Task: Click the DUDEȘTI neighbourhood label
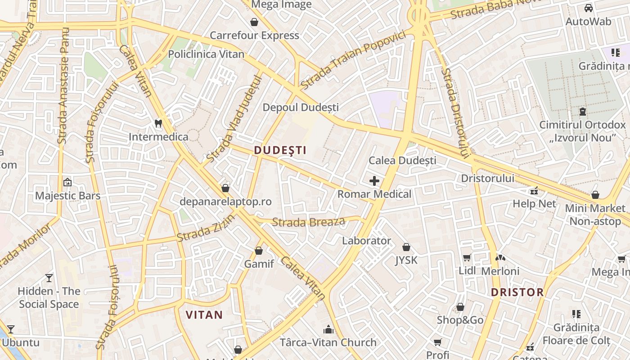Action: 280,150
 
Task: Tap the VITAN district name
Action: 204,315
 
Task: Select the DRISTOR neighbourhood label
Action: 517,292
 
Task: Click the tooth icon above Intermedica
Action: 158,123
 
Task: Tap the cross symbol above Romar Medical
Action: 374,181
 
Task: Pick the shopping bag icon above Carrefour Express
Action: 254,22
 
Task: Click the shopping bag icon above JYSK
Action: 406,247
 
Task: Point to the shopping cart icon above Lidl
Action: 467,258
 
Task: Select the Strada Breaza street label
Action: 309,222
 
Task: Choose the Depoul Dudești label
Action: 301,108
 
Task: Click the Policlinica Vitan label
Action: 206,54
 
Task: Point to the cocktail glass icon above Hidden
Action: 49,278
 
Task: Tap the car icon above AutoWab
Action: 588,8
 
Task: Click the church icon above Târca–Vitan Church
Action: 328,329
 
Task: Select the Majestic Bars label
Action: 67,196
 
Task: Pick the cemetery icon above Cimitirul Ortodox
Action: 583,111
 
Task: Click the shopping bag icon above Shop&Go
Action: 460,307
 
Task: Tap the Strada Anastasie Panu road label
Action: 63,85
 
